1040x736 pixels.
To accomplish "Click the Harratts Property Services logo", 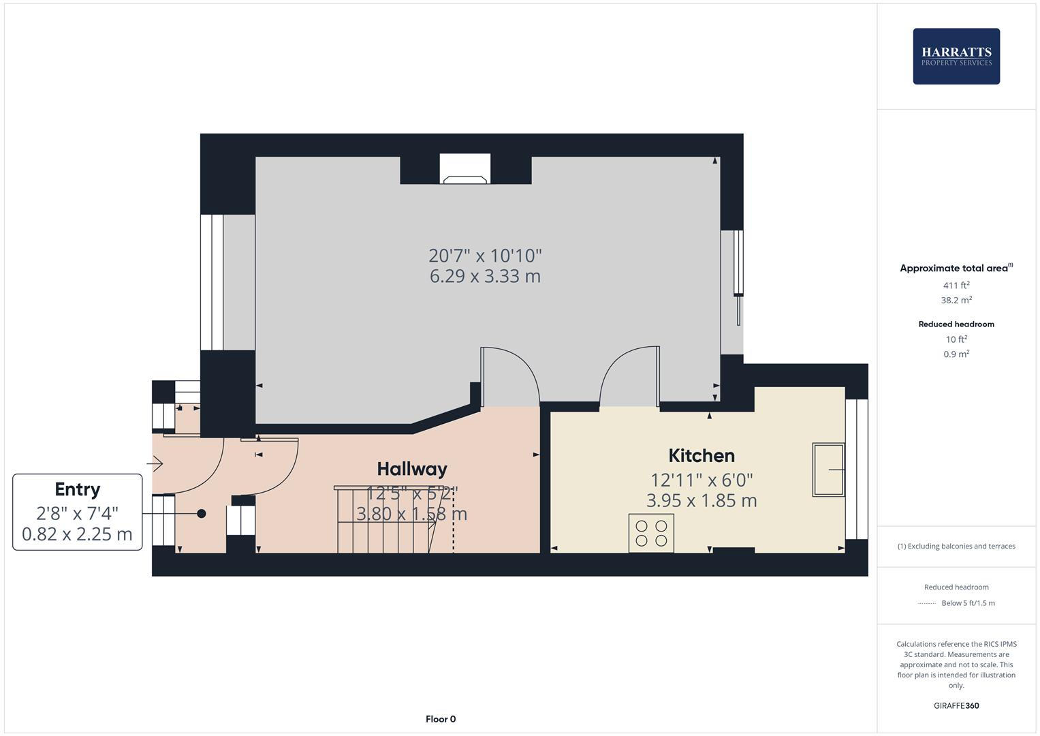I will point(956,57).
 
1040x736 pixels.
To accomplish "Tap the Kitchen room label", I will point(702,456).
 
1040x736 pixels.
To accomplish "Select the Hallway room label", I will point(412,469).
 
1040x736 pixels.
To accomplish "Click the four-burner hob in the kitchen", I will point(651,533).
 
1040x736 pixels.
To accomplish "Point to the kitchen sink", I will point(828,470).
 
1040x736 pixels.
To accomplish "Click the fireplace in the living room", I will point(464,170).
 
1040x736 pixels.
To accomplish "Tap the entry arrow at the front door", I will point(155,464).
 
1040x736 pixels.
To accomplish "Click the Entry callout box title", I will point(78,489).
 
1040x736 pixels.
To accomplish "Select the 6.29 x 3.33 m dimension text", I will point(485,276).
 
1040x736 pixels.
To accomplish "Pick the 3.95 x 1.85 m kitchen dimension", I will point(702,501).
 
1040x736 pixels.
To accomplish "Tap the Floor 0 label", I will point(441,719).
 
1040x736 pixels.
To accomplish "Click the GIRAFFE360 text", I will point(956,705).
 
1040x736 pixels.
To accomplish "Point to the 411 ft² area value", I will point(956,286).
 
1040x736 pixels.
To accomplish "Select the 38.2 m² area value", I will point(956,300).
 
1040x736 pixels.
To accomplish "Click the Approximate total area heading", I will point(955,269).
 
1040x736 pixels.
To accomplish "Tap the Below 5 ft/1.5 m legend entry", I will point(967,603).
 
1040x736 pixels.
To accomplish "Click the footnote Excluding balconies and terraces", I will point(956,546).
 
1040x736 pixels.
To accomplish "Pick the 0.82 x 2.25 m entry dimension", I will point(78,534).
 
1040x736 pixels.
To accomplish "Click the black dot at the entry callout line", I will point(202,514).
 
